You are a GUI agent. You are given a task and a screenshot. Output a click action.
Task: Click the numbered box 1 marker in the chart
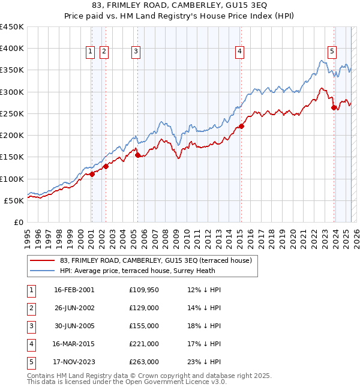pyautogui.click(x=90, y=52)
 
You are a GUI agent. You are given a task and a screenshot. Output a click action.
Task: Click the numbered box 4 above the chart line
pyautogui.click(x=239, y=52)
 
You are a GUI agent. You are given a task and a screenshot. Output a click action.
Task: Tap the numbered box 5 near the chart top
pyautogui.click(x=332, y=52)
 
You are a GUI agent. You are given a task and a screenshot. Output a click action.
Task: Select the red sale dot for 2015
pyautogui.click(x=241, y=126)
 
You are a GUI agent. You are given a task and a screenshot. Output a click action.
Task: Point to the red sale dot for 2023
pyautogui.click(x=334, y=108)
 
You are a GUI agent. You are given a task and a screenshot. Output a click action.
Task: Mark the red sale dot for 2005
pyautogui.click(x=138, y=155)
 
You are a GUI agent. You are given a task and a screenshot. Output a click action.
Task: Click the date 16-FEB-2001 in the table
pyautogui.click(x=74, y=290)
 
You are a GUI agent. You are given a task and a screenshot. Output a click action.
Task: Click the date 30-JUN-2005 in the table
pyautogui.click(x=74, y=326)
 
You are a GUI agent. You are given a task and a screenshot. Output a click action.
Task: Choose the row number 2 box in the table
pyautogui.click(x=30, y=308)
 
